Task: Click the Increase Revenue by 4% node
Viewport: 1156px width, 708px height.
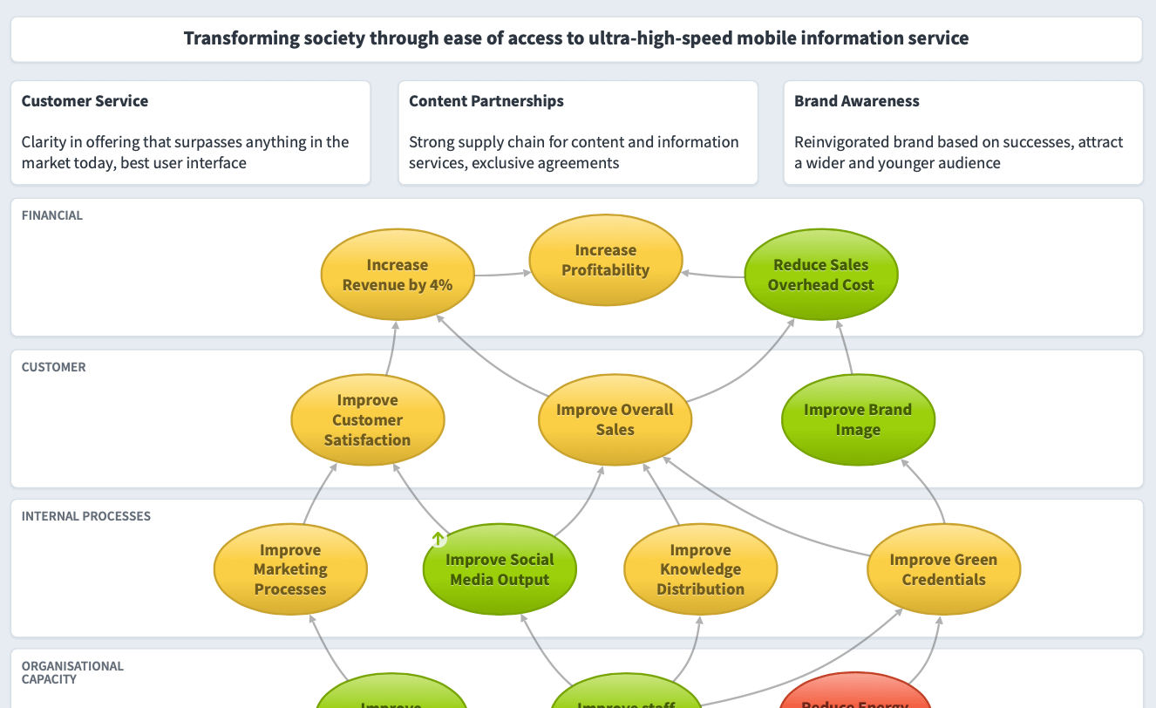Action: click(x=398, y=275)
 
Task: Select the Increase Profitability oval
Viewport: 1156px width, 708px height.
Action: click(x=606, y=261)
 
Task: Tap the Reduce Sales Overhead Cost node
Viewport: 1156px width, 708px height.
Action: click(x=820, y=275)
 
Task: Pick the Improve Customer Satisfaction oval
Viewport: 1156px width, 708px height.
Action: click(x=367, y=420)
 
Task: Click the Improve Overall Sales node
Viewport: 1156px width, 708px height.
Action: click(x=615, y=419)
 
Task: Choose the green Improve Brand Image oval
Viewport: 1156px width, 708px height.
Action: click(x=858, y=419)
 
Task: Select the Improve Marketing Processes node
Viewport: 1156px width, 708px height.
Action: click(x=290, y=569)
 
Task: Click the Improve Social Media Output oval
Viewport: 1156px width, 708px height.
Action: click(x=500, y=570)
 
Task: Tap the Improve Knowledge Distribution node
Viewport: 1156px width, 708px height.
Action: click(x=700, y=569)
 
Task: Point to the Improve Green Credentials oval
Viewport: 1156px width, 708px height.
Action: click(x=943, y=569)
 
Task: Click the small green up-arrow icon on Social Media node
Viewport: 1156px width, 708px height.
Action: click(x=439, y=539)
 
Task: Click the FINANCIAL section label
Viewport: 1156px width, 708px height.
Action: click(x=52, y=215)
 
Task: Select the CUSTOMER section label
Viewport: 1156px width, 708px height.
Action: click(x=54, y=367)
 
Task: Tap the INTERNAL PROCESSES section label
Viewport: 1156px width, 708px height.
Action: click(x=86, y=516)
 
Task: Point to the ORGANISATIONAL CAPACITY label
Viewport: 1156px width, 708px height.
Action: click(x=72, y=672)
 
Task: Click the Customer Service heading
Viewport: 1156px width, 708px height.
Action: click(x=85, y=101)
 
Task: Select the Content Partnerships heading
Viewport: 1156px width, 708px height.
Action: click(x=486, y=101)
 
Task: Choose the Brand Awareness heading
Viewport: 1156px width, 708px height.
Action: click(x=857, y=101)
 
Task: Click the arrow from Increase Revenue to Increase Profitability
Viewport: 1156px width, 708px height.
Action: click(x=503, y=275)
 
